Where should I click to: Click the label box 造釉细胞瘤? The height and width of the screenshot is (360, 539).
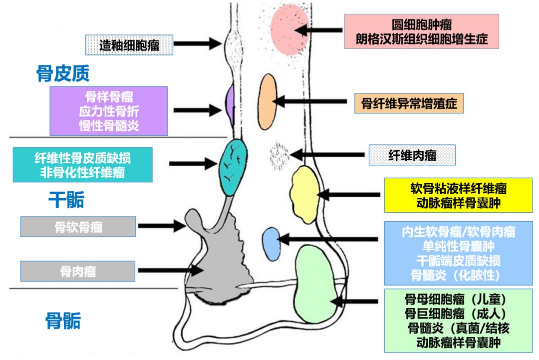[x=129, y=44]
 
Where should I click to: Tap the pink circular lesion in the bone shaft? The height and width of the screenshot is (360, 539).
[x=290, y=30]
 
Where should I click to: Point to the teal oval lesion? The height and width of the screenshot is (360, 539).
[x=233, y=167]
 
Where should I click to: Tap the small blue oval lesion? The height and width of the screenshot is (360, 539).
[x=271, y=243]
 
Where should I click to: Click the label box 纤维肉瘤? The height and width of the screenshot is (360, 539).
[x=412, y=155]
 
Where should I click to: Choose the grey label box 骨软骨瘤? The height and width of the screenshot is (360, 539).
[x=78, y=227]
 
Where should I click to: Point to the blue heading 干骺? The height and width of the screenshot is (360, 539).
[x=66, y=200]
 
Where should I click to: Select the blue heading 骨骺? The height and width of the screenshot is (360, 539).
[x=63, y=321]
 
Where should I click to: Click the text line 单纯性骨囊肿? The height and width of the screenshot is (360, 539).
[x=458, y=246]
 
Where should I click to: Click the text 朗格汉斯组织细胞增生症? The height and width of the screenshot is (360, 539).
[x=422, y=38]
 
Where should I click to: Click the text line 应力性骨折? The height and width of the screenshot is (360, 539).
[x=109, y=111]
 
